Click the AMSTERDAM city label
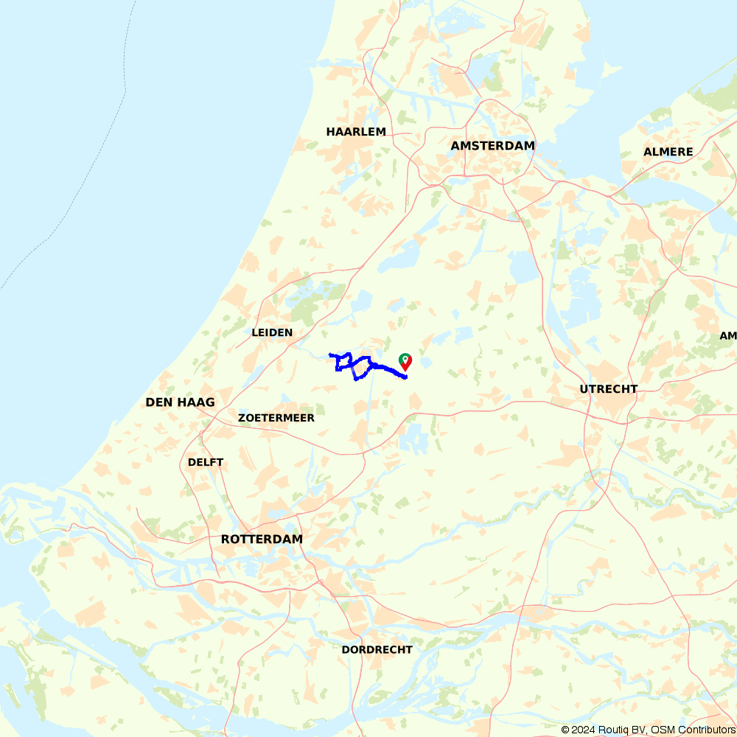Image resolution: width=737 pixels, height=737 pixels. (492, 146)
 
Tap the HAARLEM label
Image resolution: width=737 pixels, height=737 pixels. (356, 132)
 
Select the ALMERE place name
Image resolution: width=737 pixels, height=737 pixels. (668, 152)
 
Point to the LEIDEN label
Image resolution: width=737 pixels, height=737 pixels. (272, 332)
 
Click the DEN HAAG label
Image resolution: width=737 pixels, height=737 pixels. (180, 402)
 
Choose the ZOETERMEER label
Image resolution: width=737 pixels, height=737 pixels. (276, 418)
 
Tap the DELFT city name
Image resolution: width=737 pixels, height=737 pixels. (206, 462)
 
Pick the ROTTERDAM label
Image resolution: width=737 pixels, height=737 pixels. (262, 539)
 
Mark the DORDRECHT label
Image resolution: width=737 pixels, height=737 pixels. (377, 650)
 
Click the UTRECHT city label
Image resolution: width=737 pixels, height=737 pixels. (608, 389)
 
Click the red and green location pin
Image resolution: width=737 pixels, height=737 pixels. (405, 361)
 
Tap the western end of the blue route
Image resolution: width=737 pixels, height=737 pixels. (329, 354)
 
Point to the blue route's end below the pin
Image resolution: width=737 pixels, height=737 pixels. (406, 378)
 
